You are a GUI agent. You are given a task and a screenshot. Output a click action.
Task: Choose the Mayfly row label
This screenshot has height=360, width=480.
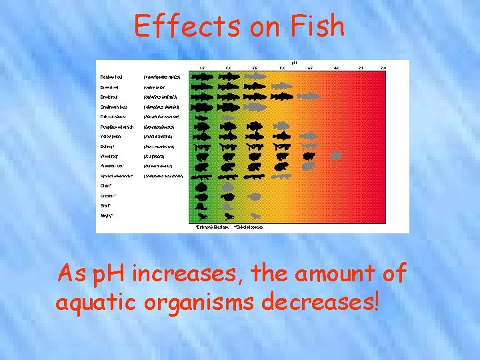click(107, 216)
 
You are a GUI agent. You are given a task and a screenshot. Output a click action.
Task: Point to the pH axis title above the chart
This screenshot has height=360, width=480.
click(294, 62)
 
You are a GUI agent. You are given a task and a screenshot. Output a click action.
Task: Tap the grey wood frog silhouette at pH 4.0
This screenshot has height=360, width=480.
click(336, 156)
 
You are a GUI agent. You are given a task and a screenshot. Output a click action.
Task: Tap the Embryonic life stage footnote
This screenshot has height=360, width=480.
click(213, 227)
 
